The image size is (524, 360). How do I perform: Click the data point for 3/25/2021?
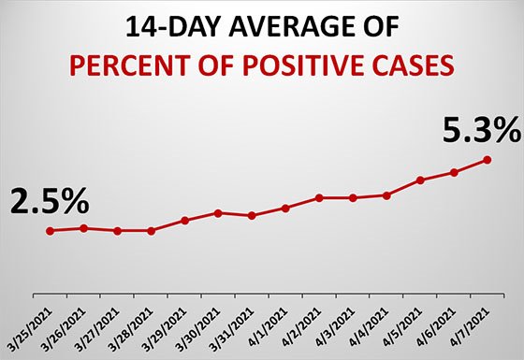pyautogui.click(x=50, y=230)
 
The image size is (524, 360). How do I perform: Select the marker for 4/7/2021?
pyautogui.click(x=488, y=160)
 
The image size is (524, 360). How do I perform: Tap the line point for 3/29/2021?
pyautogui.click(x=184, y=221)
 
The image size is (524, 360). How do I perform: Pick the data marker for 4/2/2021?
pyautogui.click(x=319, y=197)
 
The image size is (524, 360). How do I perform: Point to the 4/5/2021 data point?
pyautogui.click(x=420, y=180)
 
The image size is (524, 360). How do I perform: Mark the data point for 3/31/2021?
pyautogui.click(x=252, y=216)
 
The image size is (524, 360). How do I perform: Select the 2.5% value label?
pyautogui.click(x=50, y=199)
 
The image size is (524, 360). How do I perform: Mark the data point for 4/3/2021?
pyautogui.click(x=353, y=197)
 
